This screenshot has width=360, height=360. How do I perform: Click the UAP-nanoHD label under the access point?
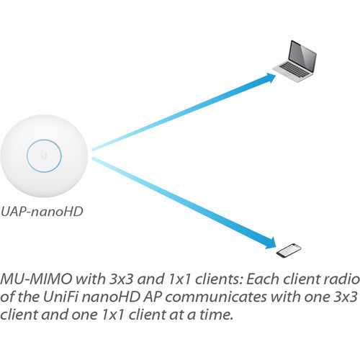pyautogui.click(x=42, y=212)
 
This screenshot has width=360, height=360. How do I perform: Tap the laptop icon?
pyautogui.click(x=294, y=61)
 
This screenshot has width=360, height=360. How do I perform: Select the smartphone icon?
pyautogui.click(x=289, y=251)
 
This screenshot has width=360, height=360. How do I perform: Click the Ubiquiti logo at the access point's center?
pyautogui.click(x=44, y=156)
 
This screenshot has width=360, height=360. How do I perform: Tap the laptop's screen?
pyautogui.click(x=302, y=56)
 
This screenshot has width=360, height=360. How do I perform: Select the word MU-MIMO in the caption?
pyautogui.click(x=36, y=279)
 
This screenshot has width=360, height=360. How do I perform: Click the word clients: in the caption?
pyautogui.click(x=217, y=279)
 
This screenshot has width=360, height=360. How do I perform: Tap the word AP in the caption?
pyautogui.click(x=153, y=297)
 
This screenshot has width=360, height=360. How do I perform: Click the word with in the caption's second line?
pyautogui.click(x=284, y=297)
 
